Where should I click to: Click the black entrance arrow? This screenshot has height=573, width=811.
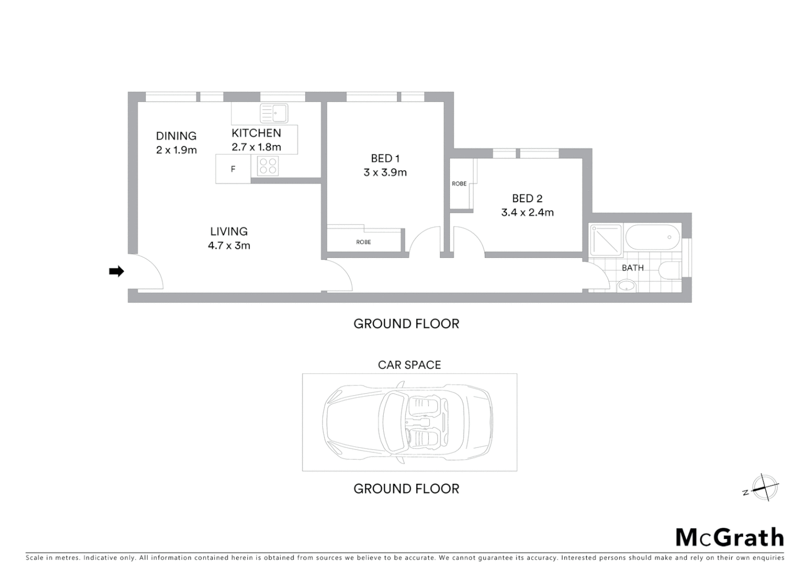point(116,272)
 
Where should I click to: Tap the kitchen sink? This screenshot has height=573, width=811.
point(274,113)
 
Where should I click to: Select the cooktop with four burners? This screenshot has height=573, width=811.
point(268,166)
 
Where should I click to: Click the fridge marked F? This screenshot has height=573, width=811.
point(233,169)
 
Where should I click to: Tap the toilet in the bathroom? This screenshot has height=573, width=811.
point(670,270)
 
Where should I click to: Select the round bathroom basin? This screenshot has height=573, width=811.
point(627,286)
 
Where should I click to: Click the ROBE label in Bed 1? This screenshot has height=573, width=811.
point(364,242)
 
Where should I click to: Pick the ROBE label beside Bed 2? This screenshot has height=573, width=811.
point(459,184)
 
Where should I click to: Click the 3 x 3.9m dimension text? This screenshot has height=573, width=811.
point(385,172)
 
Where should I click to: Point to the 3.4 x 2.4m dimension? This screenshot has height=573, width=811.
point(528,213)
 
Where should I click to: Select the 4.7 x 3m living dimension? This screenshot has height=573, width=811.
point(229,246)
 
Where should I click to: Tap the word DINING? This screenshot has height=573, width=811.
point(176,136)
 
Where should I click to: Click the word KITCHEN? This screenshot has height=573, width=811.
point(256,133)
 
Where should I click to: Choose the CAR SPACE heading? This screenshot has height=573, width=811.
point(409,365)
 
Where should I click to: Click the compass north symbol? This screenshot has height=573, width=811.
point(763,488)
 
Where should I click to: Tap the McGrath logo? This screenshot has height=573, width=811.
point(730,537)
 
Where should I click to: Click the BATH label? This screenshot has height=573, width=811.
point(633,268)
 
